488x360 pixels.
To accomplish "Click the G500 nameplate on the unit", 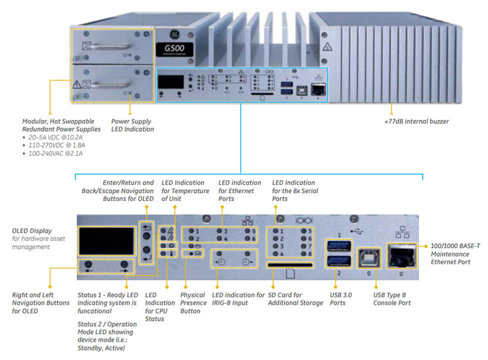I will pyautogui.click(x=174, y=50).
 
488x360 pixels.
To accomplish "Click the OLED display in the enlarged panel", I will pyautogui.click(x=106, y=241).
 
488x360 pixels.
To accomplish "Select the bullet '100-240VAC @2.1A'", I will pyautogui.click(x=56, y=153).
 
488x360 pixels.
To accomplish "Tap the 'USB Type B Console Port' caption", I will pyautogui.click(x=392, y=299).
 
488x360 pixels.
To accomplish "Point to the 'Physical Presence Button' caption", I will pyautogui.click(x=193, y=303).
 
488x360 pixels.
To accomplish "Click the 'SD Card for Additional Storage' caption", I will pyautogui.click(x=295, y=299).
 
